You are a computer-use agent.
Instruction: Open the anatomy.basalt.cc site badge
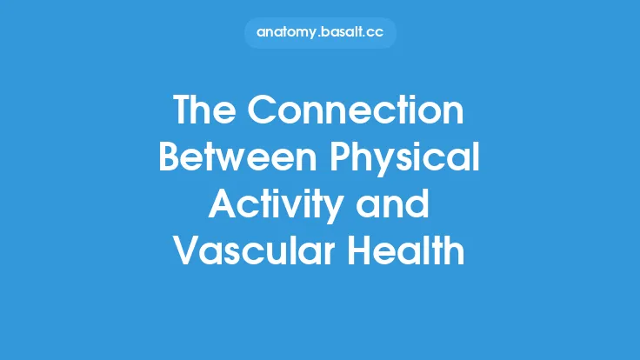point(319,32)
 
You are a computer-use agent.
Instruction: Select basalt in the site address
point(340,32)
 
